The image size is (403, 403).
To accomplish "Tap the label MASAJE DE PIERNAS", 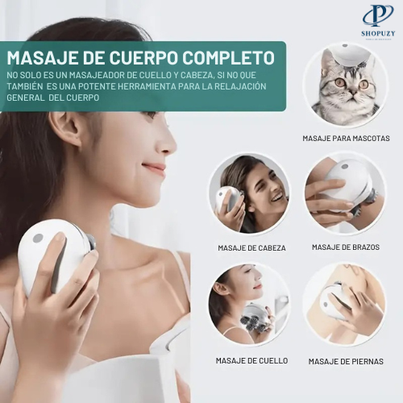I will coord(346,361).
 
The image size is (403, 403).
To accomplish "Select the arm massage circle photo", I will coord(344,193).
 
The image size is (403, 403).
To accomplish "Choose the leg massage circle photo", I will coord(344,305).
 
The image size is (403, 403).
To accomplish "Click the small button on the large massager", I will coord(38,239).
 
